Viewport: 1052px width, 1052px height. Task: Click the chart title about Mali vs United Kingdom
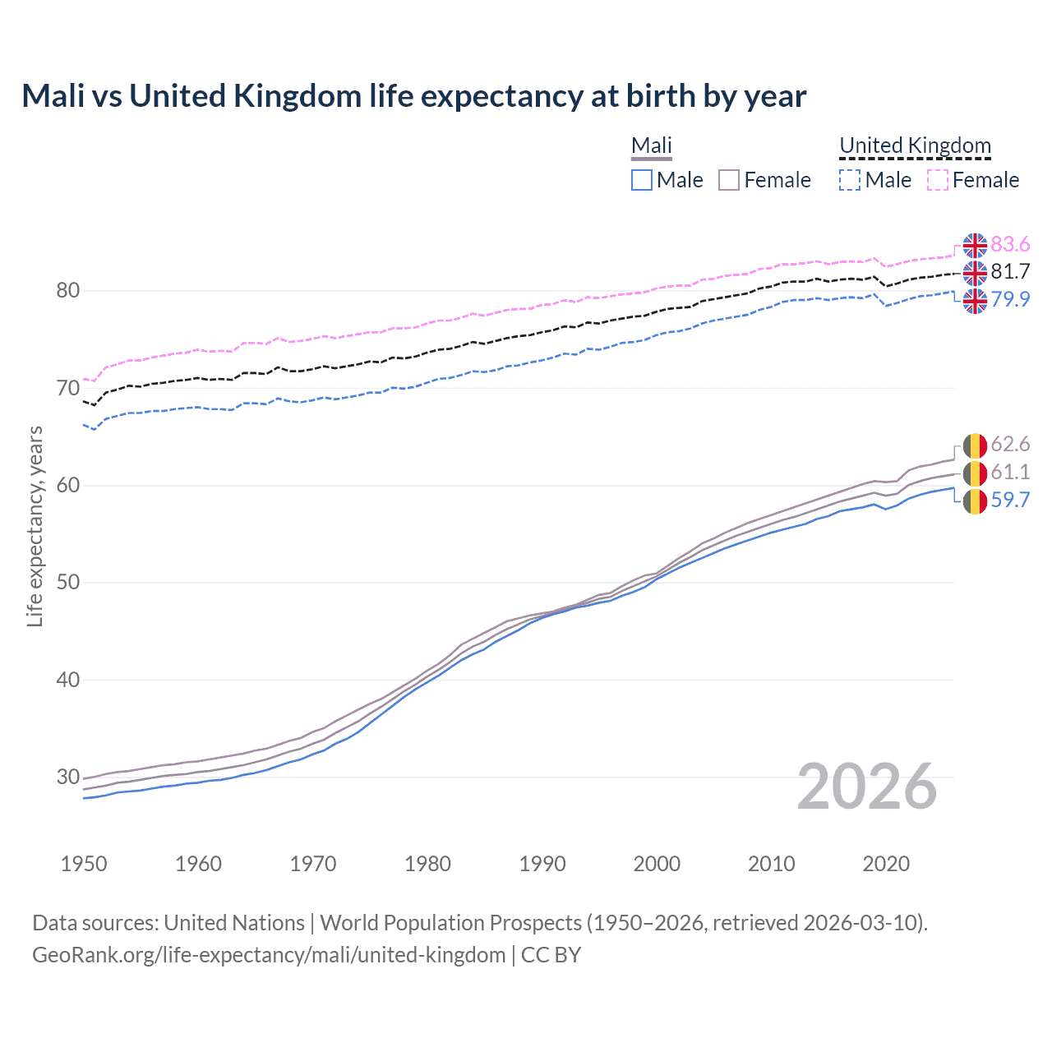(x=413, y=96)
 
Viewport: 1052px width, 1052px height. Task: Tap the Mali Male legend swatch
(x=642, y=180)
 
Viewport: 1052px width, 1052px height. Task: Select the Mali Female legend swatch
(x=729, y=180)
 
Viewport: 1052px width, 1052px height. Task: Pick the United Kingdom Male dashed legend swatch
(x=850, y=180)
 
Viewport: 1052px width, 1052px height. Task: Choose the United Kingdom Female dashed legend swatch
(x=938, y=180)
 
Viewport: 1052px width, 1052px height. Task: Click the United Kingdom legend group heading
(x=915, y=145)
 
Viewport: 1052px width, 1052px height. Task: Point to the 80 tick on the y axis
(x=68, y=291)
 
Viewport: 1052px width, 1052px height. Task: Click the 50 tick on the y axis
(x=68, y=583)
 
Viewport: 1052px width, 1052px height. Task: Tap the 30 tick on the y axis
(x=68, y=777)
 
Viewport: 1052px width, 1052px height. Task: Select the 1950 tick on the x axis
(x=84, y=864)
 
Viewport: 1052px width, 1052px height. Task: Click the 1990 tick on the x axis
(x=542, y=864)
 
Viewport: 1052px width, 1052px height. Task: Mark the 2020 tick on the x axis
(x=886, y=864)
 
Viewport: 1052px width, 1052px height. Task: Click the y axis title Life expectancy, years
(x=35, y=526)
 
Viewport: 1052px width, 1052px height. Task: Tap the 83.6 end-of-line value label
(x=1010, y=245)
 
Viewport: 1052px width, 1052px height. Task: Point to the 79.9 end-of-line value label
(x=1010, y=299)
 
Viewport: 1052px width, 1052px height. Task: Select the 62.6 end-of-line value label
(x=1010, y=445)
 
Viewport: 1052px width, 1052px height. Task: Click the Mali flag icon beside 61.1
(x=975, y=473)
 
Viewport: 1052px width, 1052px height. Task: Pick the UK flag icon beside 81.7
(x=975, y=273)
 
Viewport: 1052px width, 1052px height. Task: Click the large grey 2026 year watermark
(x=867, y=787)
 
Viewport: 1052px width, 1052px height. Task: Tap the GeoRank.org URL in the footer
(x=269, y=955)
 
